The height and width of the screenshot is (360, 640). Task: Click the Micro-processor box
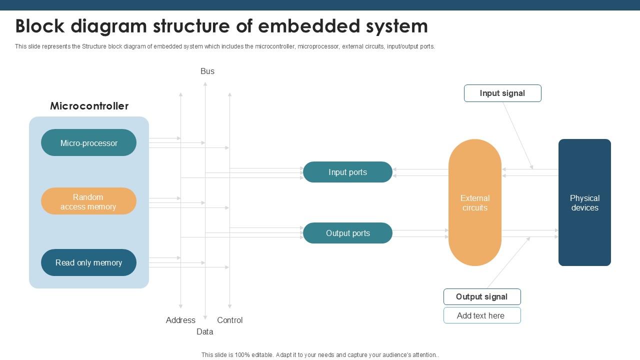[x=88, y=143]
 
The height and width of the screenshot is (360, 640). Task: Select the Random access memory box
[x=88, y=201]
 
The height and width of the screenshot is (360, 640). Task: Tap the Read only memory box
[x=88, y=262]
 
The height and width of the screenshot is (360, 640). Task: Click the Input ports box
[x=347, y=172]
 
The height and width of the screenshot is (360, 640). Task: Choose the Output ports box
[x=347, y=233]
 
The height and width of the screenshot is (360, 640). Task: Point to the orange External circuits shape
[x=474, y=202]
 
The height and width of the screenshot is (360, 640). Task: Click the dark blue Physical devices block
[x=584, y=202]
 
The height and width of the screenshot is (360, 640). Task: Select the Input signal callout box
[x=502, y=93]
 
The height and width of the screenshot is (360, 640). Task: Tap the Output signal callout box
[x=481, y=296]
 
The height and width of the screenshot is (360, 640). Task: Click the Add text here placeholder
[x=481, y=315]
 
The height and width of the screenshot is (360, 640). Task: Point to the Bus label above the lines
[x=207, y=71]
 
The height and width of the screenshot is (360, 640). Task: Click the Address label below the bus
[x=180, y=320]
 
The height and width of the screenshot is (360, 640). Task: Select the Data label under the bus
[x=205, y=331]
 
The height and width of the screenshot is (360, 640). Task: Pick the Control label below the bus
[x=230, y=320]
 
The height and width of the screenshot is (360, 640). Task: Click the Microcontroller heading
[x=89, y=106]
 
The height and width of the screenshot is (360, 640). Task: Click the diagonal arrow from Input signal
[x=518, y=136]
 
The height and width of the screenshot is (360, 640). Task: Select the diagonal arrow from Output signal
[x=508, y=262]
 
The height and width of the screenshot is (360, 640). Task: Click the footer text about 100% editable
[x=320, y=355]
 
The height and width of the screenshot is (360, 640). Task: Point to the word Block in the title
[x=40, y=26]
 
